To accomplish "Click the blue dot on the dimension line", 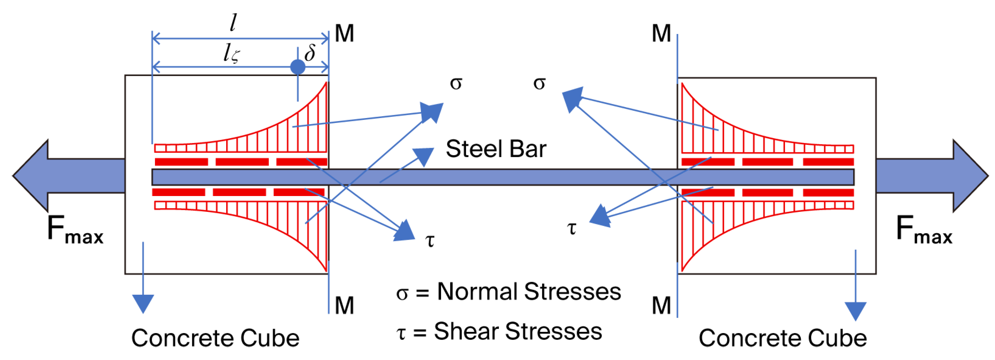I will tap(297, 67).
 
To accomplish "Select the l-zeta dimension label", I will tap(231, 53).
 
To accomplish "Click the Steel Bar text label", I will tap(496, 149).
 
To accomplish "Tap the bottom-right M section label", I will tap(661, 306).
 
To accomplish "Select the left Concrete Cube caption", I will tap(215, 338).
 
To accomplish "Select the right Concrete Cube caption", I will tap(782, 338).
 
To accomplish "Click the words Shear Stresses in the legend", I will tap(518, 332).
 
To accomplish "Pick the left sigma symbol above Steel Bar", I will tap(456, 83).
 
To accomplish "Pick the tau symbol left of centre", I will tap(429, 240).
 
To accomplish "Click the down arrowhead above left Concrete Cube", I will tap(143, 303).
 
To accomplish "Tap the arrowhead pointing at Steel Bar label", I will tap(424, 156).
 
